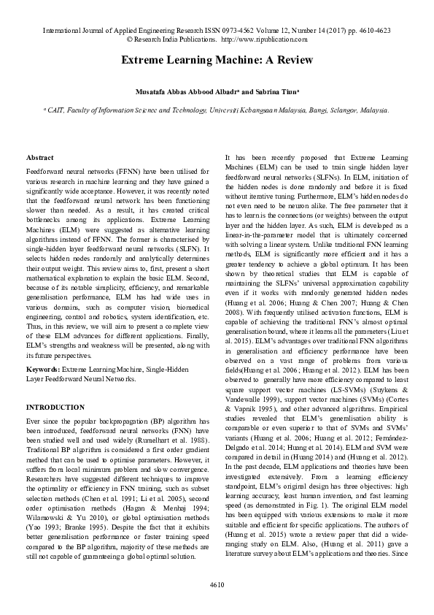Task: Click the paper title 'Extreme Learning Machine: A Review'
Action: click(x=217, y=59)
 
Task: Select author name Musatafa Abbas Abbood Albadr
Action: click(x=186, y=93)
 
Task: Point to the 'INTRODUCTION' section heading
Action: click(x=55, y=406)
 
